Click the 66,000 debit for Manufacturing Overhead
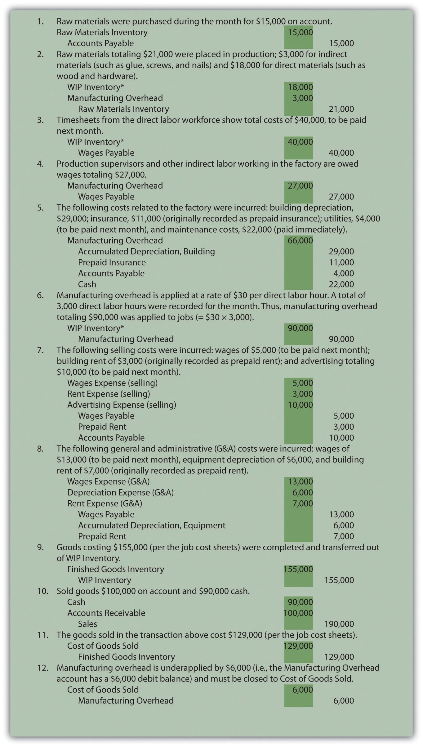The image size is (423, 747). click(300, 240)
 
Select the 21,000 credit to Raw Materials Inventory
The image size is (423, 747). click(341, 109)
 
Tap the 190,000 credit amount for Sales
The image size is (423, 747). click(339, 624)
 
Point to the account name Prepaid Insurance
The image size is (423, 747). click(112, 262)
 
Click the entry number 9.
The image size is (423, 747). click(40, 547)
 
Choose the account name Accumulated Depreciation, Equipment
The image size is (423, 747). click(151, 525)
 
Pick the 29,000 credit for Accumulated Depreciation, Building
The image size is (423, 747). click(341, 252)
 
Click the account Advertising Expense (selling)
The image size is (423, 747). click(122, 405)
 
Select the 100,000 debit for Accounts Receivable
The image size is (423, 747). click(298, 613)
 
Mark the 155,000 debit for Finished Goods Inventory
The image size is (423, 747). click(298, 569)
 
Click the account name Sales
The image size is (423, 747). click(87, 624)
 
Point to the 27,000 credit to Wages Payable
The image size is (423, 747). click(341, 197)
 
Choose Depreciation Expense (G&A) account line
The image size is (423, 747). click(120, 493)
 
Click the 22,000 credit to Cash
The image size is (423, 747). click(341, 284)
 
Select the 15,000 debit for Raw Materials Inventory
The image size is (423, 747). click(300, 32)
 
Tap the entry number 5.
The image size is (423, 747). click(40, 208)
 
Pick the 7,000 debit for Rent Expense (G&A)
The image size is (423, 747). click(302, 503)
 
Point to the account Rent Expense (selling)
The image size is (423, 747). click(109, 394)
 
